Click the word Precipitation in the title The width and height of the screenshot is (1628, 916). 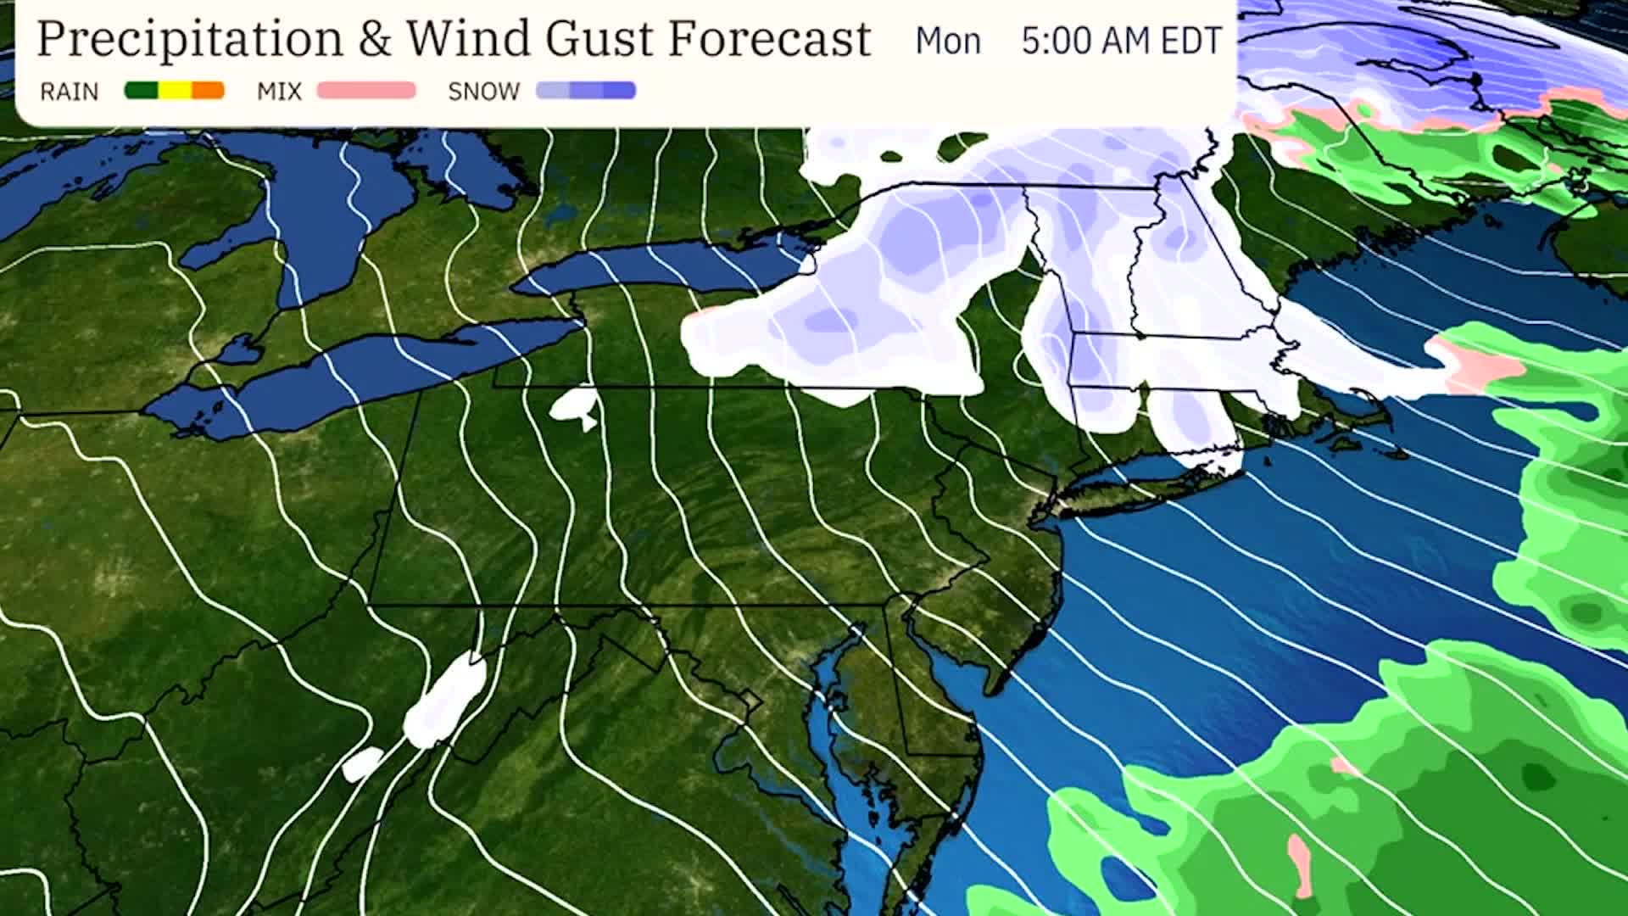point(190,39)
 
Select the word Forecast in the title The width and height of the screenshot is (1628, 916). point(770,39)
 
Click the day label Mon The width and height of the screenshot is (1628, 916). point(947,41)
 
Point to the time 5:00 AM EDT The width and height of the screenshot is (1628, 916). point(1121,41)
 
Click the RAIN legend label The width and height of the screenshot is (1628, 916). point(70,92)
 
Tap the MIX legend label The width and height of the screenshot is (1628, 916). point(279,92)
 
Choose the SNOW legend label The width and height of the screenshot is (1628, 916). point(483,92)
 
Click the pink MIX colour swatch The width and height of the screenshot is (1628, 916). point(366,91)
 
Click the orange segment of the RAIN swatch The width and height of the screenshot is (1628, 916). point(208,91)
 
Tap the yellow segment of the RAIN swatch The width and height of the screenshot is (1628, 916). point(175,91)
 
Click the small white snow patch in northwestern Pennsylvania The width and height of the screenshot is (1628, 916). point(572,405)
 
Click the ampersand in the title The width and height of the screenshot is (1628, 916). point(373,40)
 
